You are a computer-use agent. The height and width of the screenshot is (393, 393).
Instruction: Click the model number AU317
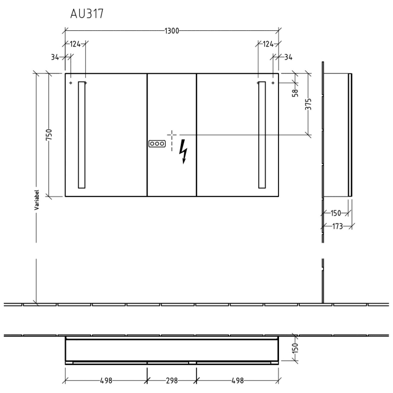pos(86,15)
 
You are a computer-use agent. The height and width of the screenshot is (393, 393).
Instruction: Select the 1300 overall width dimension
pos(172,31)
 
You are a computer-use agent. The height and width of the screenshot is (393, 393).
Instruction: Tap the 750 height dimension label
pos(49,135)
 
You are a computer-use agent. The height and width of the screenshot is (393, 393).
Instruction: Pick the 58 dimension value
pos(295,92)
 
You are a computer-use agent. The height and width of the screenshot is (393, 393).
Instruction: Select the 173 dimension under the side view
pos(337,226)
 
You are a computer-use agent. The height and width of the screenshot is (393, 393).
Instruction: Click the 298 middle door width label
pos(172,381)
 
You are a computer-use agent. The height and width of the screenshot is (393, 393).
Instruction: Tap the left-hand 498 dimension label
pos(106,381)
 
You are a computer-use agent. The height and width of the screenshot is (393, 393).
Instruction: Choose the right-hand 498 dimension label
pos(237,381)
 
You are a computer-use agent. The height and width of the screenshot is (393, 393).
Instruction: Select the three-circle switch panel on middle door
pos(157,144)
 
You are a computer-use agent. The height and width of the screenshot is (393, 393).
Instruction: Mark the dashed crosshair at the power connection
pos(171,135)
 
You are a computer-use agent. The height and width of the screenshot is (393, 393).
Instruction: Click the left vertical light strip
pos(82,135)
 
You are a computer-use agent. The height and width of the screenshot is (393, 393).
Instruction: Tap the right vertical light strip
pos(262,135)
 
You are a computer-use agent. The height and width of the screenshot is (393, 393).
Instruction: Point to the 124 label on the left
pos(76,44)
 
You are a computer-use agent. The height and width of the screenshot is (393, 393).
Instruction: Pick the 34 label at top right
pos(289,57)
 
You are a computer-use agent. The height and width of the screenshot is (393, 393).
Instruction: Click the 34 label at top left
pos(54,57)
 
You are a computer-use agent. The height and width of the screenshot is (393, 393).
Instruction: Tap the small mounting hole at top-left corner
pos(71,83)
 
